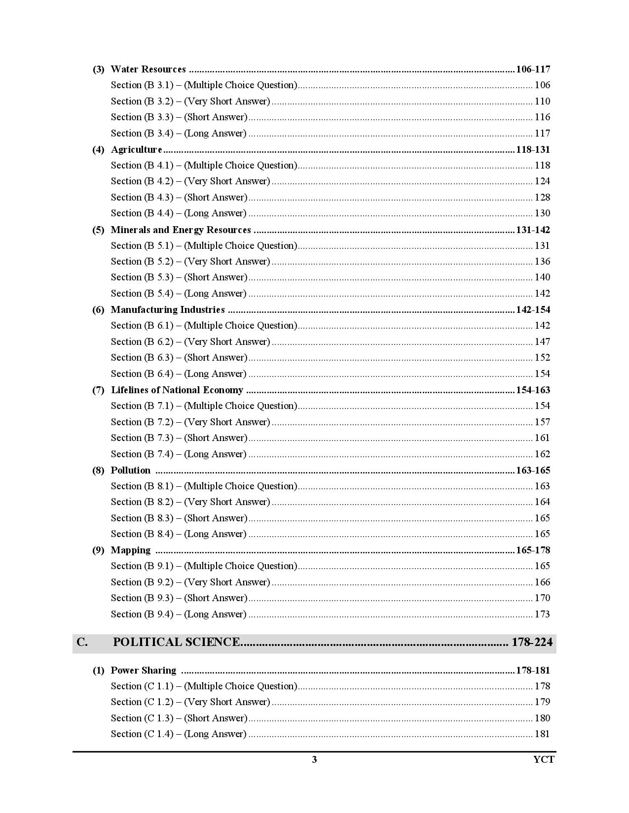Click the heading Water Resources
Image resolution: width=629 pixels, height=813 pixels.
tap(148, 69)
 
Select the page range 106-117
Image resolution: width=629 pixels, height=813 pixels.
tap(533, 69)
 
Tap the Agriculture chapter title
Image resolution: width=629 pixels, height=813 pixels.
tap(136, 150)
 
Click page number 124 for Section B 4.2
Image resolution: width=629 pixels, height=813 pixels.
tap(542, 181)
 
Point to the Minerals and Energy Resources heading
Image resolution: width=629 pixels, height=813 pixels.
tap(181, 230)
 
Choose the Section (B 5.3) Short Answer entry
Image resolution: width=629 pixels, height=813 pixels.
tap(179, 277)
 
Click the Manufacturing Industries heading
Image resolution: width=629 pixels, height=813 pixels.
tap(168, 310)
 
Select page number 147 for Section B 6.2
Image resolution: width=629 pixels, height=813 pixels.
tap(542, 342)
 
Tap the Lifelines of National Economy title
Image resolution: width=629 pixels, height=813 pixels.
tap(177, 390)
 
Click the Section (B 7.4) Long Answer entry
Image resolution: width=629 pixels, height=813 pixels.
tap(179, 454)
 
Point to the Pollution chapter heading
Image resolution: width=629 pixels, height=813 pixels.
tap(131, 471)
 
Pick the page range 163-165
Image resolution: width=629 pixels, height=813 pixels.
tap(533, 471)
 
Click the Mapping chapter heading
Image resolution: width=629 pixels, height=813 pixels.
tap(131, 550)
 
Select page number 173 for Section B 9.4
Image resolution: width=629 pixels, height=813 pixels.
tap(542, 614)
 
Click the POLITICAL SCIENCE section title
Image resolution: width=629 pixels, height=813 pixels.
tap(176, 643)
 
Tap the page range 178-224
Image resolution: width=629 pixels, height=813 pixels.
tap(532, 643)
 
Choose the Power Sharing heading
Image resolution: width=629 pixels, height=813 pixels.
tap(143, 671)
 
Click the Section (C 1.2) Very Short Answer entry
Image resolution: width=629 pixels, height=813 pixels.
tap(190, 702)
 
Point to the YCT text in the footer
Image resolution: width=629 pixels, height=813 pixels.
tap(544, 759)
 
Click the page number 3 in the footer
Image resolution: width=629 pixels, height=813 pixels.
tap(314, 759)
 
